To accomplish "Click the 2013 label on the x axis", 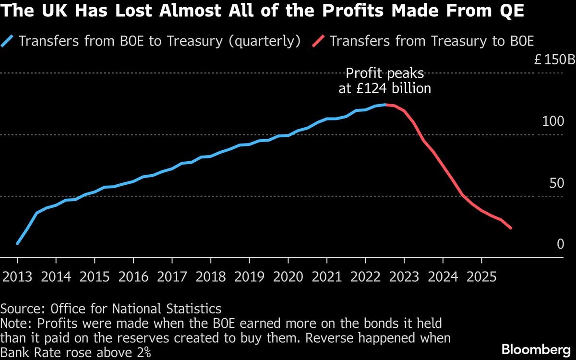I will pos(18,277).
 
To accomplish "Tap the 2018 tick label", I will pos(211,277).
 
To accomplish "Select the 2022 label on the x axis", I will pos(365,277).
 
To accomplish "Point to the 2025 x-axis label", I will pos(481,277).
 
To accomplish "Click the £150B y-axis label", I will pos(554,60).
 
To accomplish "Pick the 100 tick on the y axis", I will pos(553,121).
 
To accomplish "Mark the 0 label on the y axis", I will pos(560,244).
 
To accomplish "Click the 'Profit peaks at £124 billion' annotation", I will pos(384,81).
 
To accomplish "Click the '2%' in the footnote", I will pos(143,353).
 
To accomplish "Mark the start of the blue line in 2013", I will pos(18,244).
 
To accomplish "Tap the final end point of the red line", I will pos(511,228).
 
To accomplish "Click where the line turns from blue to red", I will pos(385,104).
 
